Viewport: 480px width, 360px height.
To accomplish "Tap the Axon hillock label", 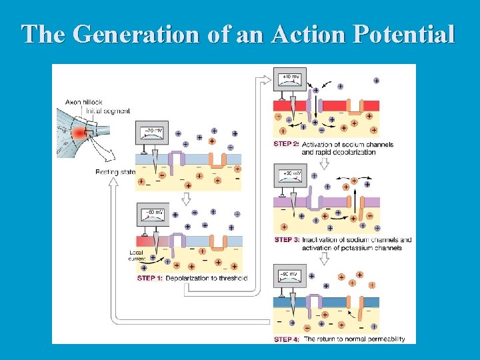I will [83, 102].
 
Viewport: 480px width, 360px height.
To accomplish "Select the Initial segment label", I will [108, 110].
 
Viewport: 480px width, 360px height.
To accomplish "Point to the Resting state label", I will [115, 172].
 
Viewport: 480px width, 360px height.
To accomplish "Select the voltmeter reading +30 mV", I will [292, 175].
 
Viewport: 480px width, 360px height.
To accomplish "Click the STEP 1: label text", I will [150, 278].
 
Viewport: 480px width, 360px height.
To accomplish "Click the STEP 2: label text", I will [287, 144].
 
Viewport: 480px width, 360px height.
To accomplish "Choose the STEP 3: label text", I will [287, 240].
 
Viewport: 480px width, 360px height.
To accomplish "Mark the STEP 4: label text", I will [287, 339].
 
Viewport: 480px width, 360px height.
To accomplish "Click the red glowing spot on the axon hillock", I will [81, 134].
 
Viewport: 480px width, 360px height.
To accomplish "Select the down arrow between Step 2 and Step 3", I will [325, 163].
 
